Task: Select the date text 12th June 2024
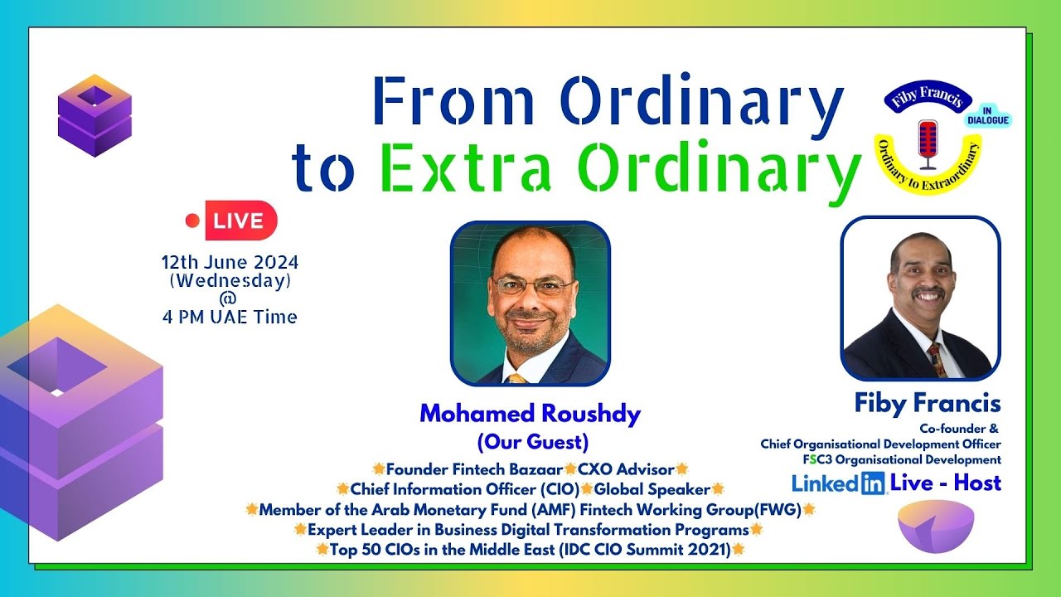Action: [x=230, y=262]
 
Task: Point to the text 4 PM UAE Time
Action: [x=230, y=317]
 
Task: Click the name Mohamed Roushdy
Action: [x=530, y=415]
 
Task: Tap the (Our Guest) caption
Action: [x=532, y=441]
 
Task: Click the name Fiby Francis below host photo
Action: [x=928, y=405]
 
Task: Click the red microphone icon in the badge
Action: [x=928, y=142]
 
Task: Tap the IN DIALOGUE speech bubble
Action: [x=987, y=115]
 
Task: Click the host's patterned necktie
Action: [x=937, y=359]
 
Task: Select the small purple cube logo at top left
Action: [x=94, y=116]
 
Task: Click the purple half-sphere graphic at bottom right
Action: [x=936, y=527]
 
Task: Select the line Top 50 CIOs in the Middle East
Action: [x=530, y=549]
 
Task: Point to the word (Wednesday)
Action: [x=230, y=281]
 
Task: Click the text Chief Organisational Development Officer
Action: [x=880, y=444]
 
